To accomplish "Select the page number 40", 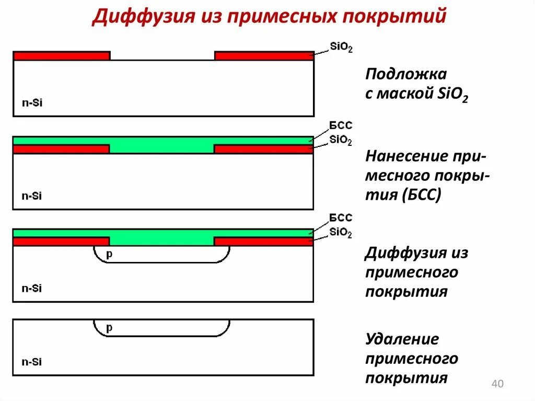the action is [x=497, y=385].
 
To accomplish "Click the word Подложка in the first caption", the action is [x=406, y=74].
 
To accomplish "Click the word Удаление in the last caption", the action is [x=402, y=339].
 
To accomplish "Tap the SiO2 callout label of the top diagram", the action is [x=341, y=47].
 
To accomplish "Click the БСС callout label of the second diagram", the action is [x=341, y=125].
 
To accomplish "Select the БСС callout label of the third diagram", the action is [x=341, y=218].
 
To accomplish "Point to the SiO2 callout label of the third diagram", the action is [x=341, y=233].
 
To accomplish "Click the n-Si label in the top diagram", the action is [x=31, y=103].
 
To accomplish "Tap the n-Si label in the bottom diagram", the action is [x=31, y=362].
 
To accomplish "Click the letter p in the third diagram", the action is [x=109, y=254].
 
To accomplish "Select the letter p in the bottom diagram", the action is [x=109, y=328].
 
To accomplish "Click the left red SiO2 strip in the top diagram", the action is [x=62, y=56].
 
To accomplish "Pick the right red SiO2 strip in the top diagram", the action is [x=264, y=56].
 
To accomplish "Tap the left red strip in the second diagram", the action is [x=61, y=149].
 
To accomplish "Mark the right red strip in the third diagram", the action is [x=264, y=242].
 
